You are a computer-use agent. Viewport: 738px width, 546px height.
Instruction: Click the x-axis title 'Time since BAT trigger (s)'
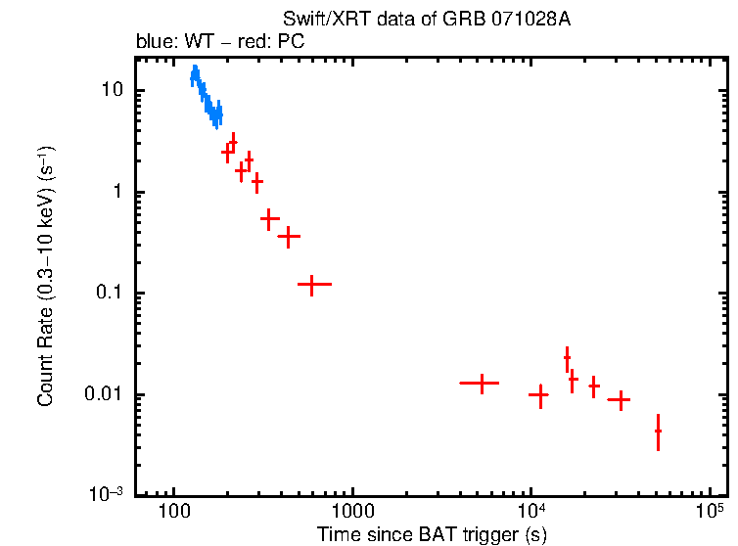[432, 534]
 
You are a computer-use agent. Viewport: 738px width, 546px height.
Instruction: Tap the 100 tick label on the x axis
[174, 512]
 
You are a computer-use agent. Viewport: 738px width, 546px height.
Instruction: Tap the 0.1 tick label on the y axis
[107, 294]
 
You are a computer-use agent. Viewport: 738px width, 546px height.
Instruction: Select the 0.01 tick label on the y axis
[103, 395]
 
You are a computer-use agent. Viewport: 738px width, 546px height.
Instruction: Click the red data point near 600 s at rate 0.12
[312, 284]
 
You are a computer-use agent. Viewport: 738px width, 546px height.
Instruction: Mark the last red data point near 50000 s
[658, 431]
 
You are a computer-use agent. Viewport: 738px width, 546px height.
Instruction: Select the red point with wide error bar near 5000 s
[481, 383]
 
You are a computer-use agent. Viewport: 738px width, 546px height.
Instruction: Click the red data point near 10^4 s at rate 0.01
[539, 394]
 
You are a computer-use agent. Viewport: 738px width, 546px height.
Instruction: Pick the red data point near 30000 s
[619, 399]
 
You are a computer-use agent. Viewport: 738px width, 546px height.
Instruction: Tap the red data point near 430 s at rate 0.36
[289, 236]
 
